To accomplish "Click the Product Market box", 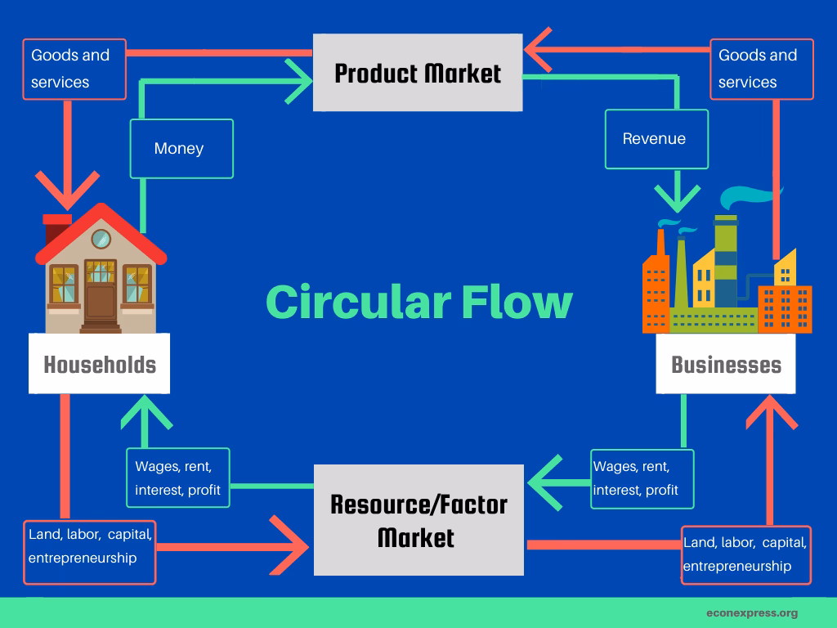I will coord(418,74).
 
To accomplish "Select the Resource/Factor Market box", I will coord(418,520).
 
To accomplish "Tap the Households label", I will coord(100,364).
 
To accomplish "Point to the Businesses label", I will coord(726,365).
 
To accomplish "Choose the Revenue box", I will coord(656,139).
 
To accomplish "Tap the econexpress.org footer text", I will coord(751,612).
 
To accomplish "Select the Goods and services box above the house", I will coord(74,70).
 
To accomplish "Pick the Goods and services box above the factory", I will coord(761,70).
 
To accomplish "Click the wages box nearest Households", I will coord(177,478).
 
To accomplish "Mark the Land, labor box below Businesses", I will coord(745,554).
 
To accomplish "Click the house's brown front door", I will coord(101,301).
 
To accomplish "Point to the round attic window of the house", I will coord(101,239).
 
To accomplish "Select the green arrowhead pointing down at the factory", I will coord(676,197).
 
